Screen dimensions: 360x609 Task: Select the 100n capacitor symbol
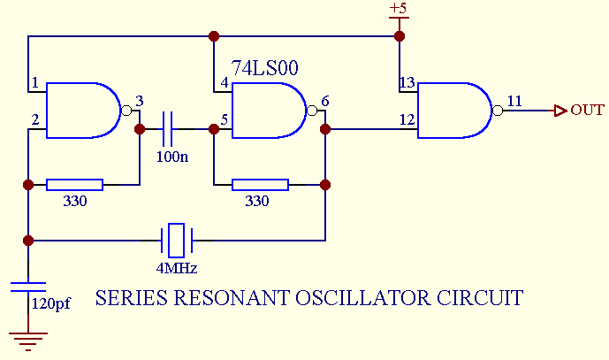coord(169,129)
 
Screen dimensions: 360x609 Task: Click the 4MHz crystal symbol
coord(177,239)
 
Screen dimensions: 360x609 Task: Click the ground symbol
coord(28,340)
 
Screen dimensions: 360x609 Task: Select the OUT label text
coord(587,111)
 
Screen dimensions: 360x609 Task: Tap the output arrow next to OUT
coord(560,111)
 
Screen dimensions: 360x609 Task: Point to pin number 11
coord(513,101)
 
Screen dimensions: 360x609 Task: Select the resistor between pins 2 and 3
coord(74,185)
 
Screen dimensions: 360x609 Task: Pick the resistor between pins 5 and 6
coord(260,185)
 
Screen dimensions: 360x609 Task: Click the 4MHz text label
coord(177,267)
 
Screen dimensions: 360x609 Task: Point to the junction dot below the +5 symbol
coord(399,37)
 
